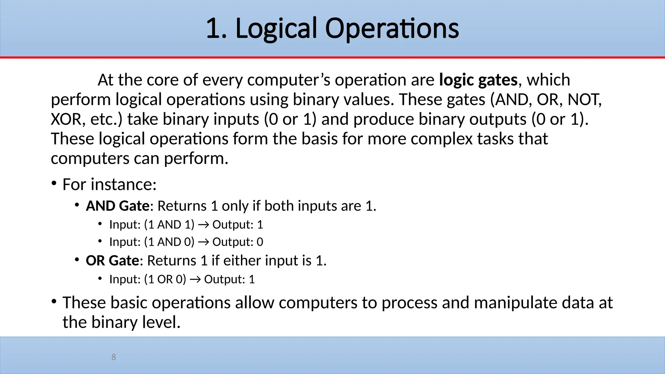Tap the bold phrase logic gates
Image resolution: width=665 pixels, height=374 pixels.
click(x=478, y=80)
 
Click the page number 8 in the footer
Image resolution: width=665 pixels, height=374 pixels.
click(x=114, y=357)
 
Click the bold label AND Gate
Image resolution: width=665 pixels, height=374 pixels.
click(x=118, y=206)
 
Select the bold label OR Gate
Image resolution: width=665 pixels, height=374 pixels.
click(x=112, y=261)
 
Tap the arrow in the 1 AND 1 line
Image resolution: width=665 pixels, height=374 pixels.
click(x=203, y=225)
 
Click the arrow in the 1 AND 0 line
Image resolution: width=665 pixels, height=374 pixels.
click(x=203, y=242)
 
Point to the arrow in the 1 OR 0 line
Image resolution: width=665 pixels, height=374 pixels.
click(x=195, y=280)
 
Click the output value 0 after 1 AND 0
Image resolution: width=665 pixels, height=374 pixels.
click(x=260, y=242)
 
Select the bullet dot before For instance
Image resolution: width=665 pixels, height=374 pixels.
click(x=54, y=183)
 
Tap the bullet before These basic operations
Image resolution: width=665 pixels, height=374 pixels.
click(x=54, y=302)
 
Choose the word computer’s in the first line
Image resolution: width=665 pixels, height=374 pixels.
click(x=289, y=80)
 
